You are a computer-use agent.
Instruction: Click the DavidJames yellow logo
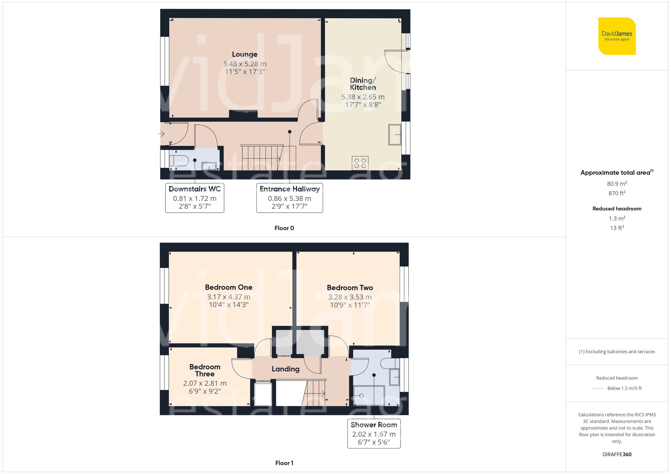click(x=617, y=36)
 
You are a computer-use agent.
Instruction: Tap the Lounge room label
click(x=245, y=54)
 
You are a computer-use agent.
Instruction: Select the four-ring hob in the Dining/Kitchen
click(x=360, y=163)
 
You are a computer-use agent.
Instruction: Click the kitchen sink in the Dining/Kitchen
click(x=395, y=135)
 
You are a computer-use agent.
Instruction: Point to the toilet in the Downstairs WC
click(x=178, y=160)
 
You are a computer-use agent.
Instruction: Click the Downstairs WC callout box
click(x=195, y=198)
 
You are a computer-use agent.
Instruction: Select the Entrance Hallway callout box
click(x=290, y=198)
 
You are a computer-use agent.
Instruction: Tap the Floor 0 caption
click(x=284, y=228)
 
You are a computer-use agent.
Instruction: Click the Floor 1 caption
click(x=284, y=463)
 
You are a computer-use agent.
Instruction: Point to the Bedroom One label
click(x=228, y=287)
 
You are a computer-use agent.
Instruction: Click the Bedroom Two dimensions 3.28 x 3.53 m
click(x=350, y=297)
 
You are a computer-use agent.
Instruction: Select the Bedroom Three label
click(x=205, y=370)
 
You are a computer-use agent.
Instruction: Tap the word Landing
click(x=286, y=369)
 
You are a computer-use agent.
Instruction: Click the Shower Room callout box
click(x=374, y=433)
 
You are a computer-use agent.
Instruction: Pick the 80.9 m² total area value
click(x=617, y=184)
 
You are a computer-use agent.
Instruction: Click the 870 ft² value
click(x=617, y=193)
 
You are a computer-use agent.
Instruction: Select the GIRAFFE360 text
click(x=617, y=454)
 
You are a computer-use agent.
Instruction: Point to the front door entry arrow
click(x=161, y=134)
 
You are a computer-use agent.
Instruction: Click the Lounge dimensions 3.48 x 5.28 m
click(x=245, y=64)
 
